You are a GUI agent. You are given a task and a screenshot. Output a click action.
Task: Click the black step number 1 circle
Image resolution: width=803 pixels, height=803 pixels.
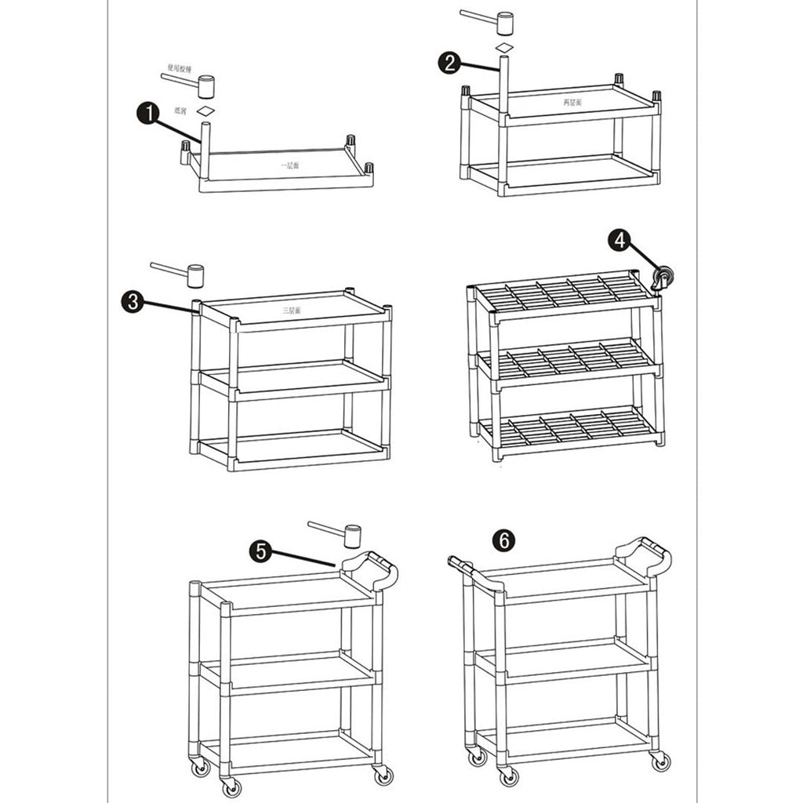tap(147, 114)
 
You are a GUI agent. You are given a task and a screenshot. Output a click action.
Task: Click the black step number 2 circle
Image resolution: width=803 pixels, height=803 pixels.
tap(449, 64)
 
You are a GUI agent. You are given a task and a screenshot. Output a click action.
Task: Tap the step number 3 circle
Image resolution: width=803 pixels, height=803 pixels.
tap(133, 301)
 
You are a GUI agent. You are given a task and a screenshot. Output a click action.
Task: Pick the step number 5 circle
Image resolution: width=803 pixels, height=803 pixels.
tap(262, 550)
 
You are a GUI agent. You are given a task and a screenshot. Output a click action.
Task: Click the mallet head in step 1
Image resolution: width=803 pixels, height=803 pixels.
tap(205, 86)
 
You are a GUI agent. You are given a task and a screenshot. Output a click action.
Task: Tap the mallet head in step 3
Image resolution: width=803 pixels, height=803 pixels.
tap(194, 275)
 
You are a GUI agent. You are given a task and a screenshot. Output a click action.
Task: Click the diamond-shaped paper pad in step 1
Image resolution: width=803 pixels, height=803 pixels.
tap(205, 111)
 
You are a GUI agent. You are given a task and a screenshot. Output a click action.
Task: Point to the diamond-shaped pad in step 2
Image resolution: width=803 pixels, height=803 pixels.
tap(504, 49)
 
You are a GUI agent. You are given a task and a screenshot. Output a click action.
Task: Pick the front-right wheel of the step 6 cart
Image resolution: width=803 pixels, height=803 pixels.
tap(660, 760)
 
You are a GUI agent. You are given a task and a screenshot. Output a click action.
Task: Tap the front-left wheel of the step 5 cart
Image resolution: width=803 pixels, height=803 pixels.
tap(230, 787)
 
